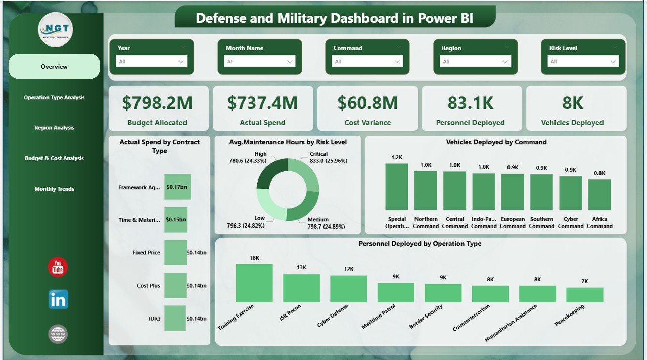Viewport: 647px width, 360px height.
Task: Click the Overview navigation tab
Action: [x=54, y=67]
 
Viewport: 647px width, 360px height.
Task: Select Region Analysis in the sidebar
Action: [x=54, y=128]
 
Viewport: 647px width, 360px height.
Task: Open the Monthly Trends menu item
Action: [x=54, y=189]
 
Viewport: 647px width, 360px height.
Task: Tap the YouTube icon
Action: [x=58, y=267]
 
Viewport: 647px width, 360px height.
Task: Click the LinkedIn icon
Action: [x=58, y=300]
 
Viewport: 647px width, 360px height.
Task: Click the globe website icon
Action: [x=58, y=334]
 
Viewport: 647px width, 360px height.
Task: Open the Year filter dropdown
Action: [x=152, y=62]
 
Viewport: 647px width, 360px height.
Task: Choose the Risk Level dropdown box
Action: [x=583, y=62]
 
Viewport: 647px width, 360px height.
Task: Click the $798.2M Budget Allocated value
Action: [x=157, y=103]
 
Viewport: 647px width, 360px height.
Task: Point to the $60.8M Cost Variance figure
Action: [x=367, y=103]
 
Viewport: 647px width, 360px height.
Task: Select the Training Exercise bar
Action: [x=254, y=283]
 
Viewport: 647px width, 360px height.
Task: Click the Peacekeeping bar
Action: [x=584, y=295]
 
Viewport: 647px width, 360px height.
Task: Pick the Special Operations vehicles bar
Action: [x=396, y=187]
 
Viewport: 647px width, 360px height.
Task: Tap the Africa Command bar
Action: [x=599, y=195]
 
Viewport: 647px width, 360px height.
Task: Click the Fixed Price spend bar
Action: [x=175, y=253]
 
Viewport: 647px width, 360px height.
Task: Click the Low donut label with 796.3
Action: [x=259, y=222]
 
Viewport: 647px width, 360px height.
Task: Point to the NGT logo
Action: [x=56, y=29]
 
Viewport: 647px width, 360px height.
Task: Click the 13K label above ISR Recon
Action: [x=301, y=267]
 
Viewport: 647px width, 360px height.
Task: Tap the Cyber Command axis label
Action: [x=570, y=222]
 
